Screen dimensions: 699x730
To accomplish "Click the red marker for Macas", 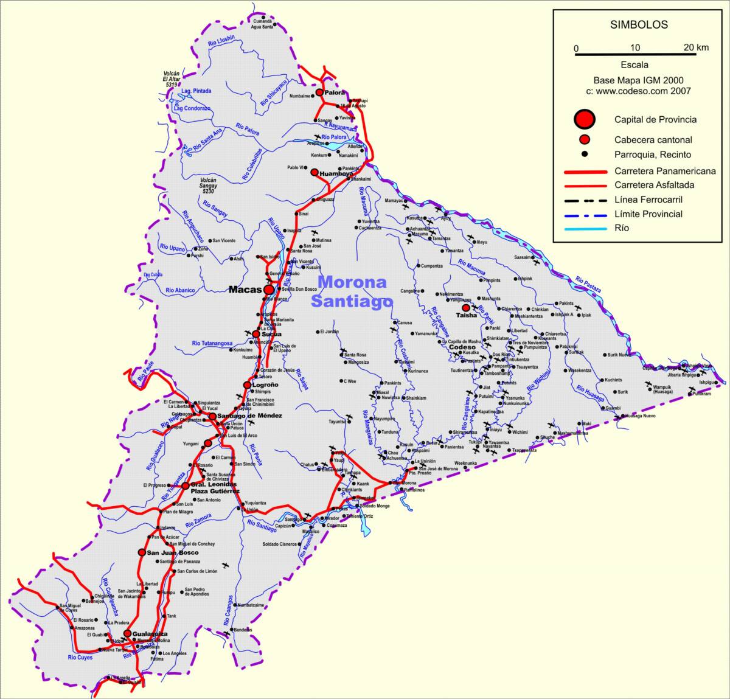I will click(x=269, y=290).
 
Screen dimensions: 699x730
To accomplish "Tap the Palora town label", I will click(x=335, y=92).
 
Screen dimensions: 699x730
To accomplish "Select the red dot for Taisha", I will click(x=466, y=308).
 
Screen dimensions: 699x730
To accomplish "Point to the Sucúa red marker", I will click(x=256, y=334).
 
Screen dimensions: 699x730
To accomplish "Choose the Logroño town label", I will click(x=265, y=385).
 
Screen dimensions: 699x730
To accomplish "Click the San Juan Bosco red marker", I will click(x=141, y=552).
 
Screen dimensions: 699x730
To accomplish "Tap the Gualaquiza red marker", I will click(x=127, y=633).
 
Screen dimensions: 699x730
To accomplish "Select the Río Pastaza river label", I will click(x=587, y=285).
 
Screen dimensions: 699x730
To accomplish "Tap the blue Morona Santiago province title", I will click(x=352, y=291).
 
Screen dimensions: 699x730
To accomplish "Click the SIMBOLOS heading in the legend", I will click(x=639, y=25).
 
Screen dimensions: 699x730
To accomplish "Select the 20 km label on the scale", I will click(x=695, y=47).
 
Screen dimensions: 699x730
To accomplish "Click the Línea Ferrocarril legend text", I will click(x=648, y=200).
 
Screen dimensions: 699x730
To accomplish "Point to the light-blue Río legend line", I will click(x=586, y=229).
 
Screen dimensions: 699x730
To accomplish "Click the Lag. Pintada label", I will click(x=196, y=91).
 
